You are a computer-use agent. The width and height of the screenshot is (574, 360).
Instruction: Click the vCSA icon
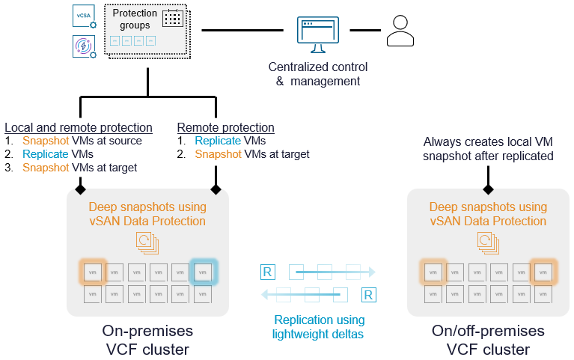click(83, 16)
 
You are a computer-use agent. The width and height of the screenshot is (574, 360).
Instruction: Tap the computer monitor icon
click(318, 33)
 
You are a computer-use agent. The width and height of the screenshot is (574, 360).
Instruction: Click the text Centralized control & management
click(318, 74)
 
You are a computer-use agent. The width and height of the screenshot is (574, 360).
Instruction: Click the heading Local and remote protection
click(79, 127)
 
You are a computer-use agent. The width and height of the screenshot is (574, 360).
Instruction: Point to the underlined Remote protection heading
click(225, 127)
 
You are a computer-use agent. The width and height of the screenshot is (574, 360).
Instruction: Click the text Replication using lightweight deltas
click(318, 326)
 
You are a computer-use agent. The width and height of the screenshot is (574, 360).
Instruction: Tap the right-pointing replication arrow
click(329, 272)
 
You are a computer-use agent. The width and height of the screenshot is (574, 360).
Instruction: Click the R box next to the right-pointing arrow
click(268, 271)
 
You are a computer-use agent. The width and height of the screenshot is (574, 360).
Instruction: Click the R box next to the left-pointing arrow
click(367, 295)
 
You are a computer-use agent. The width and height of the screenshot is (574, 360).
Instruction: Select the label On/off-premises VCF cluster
click(488, 340)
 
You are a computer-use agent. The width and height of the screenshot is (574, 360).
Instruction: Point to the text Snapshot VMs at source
click(82, 141)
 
